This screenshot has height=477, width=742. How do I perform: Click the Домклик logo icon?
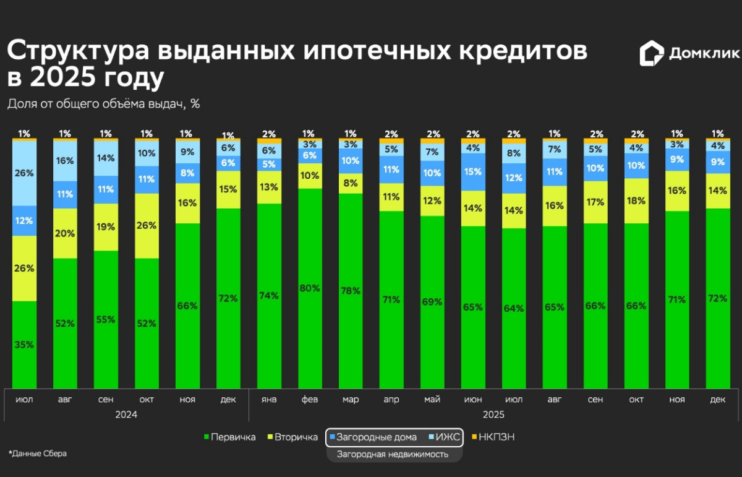tap(652, 54)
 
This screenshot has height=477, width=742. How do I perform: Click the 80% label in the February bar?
tap(309, 288)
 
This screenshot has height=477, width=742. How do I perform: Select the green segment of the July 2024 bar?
tap(25, 345)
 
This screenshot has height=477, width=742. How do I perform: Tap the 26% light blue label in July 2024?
tap(25, 173)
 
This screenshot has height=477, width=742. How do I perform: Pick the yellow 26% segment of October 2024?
tap(147, 226)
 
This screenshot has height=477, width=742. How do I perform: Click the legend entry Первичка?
tap(229, 437)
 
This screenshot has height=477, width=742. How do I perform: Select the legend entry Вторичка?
tap(294, 437)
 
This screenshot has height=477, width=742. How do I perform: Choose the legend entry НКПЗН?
tap(493, 437)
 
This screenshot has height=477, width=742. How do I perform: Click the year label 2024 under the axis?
tap(126, 415)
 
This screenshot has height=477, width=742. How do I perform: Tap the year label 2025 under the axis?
tap(493, 415)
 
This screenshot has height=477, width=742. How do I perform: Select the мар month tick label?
tap(350, 400)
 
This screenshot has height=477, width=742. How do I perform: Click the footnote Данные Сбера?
tap(38, 453)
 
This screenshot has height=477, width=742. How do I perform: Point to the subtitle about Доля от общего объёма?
tap(103, 104)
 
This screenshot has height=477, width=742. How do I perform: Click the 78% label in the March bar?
tap(350, 290)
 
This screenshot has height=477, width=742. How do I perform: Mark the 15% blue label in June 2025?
tap(472, 171)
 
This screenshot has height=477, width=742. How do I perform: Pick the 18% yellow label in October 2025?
tap(636, 200)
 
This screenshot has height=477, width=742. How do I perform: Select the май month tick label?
tap(432, 400)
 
